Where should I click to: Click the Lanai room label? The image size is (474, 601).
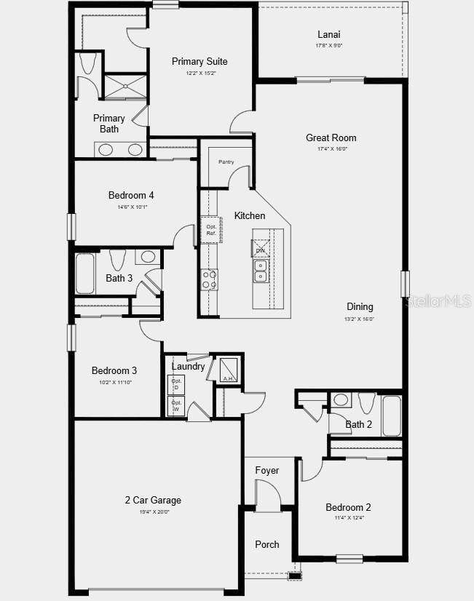[329, 34]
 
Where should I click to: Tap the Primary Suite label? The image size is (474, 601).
[200, 62]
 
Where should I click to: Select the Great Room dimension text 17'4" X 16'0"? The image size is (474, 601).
[331, 149]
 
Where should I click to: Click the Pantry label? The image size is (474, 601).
[226, 162]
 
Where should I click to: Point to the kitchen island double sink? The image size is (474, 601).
[261, 271]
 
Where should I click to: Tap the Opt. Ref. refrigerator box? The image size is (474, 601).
[210, 230]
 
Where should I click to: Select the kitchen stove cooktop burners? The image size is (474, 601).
[210, 279]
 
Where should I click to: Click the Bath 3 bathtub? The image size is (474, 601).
[85, 273]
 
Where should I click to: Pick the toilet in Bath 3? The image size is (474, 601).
[117, 259]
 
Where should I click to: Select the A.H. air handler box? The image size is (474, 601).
[227, 370]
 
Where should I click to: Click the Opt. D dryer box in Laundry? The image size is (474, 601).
[176, 384]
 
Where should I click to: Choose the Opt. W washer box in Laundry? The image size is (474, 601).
[176, 405]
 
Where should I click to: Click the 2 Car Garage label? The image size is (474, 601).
[152, 501]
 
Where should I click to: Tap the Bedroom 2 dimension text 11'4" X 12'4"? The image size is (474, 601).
[348, 518]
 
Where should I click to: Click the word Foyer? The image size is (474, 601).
[267, 471]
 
